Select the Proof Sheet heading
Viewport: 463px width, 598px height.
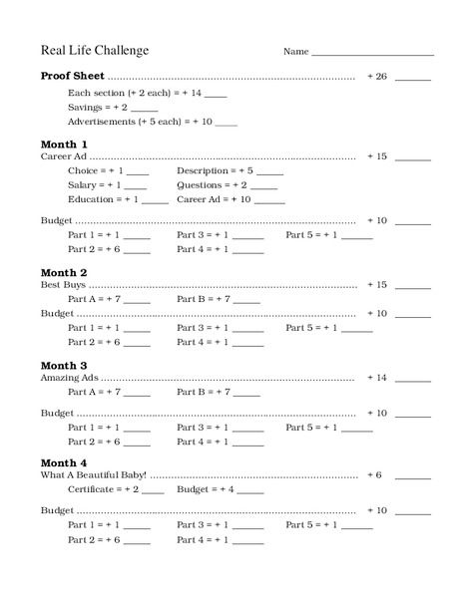[72, 76]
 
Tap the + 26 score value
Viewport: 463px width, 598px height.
[376, 76]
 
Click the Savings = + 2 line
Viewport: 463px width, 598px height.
[98, 106]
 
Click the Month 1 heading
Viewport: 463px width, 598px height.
[64, 145]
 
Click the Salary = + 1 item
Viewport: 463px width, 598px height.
[94, 185]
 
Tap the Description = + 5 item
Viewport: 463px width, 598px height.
[216, 171]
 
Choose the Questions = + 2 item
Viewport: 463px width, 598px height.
[212, 185]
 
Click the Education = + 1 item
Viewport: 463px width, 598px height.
[101, 199]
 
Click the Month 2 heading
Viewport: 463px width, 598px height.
[64, 272]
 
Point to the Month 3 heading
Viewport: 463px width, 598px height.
[64, 365]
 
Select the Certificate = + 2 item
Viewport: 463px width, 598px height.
[103, 489]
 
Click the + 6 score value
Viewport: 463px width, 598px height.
[374, 474]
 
